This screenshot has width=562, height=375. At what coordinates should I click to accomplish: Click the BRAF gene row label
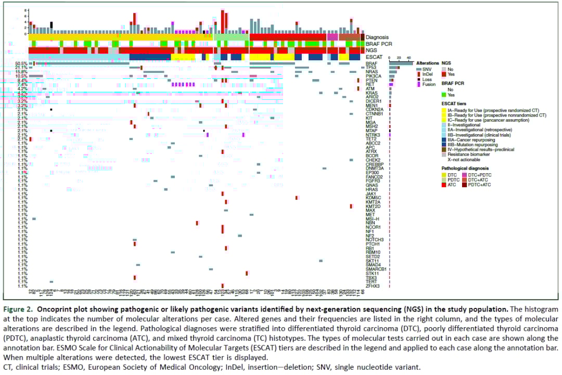tap(371, 63)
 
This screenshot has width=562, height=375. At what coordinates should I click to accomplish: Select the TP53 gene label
tap(371, 67)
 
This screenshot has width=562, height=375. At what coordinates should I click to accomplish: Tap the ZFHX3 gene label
tap(373, 286)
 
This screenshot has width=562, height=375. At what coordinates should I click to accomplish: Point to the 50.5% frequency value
tap(21, 63)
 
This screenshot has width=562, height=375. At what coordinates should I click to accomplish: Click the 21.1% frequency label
tap(21, 67)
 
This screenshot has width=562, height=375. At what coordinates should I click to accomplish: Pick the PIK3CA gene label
tap(373, 75)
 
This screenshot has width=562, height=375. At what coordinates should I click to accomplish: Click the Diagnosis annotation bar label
tap(377, 37)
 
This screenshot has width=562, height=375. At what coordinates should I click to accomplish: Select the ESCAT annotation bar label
tap(374, 56)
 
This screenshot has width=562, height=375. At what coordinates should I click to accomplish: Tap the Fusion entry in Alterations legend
tap(429, 84)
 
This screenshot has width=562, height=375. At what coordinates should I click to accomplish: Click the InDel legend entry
tap(429, 74)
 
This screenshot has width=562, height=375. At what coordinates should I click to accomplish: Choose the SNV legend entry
tap(428, 69)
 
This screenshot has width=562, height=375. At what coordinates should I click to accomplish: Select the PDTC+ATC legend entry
tap(480, 185)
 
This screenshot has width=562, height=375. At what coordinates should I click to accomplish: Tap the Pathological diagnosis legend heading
tap(465, 169)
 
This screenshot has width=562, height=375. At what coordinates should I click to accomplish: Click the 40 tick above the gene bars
tap(408, 57)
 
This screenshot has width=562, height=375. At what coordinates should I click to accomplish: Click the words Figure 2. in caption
tap(16, 309)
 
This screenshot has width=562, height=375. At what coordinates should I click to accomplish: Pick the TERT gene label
tap(371, 281)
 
